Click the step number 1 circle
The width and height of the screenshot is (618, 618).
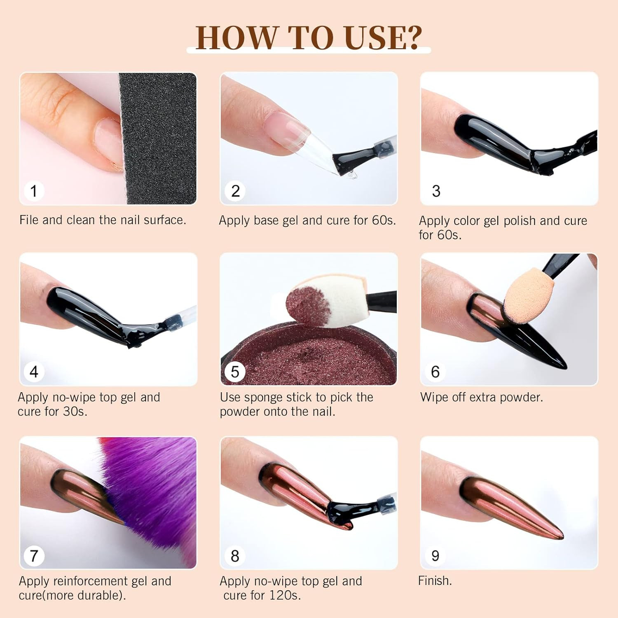pos(34,191)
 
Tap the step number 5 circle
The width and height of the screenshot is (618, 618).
pos(235,372)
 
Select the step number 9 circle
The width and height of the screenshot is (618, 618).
pos(435,556)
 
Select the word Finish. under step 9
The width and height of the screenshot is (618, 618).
pos(435,581)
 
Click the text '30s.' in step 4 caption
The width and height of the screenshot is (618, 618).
pos(75,412)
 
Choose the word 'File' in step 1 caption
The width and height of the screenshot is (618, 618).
pos(29,220)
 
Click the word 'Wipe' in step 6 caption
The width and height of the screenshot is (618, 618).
pos(434,397)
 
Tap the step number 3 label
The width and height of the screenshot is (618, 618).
pos(436,191)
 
